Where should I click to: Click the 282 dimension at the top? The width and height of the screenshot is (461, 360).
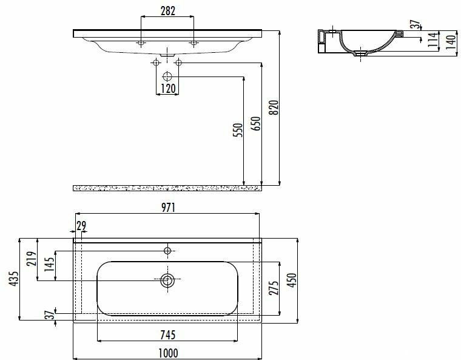(168, 11)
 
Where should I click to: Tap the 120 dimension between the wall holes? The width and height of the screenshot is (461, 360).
(168, 88)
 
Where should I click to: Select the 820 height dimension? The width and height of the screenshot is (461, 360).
(274, 107)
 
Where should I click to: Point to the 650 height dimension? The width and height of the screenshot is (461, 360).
(256, 124)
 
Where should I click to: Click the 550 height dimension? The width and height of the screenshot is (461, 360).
(238, 130)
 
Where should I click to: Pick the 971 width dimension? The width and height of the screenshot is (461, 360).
(168, 208)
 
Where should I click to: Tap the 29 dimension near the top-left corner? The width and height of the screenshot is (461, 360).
(81, 226)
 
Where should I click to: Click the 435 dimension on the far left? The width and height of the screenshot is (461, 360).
(13, 278)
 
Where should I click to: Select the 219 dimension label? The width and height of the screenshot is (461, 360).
(32, 259)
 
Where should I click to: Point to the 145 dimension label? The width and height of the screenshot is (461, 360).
(49, 264)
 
